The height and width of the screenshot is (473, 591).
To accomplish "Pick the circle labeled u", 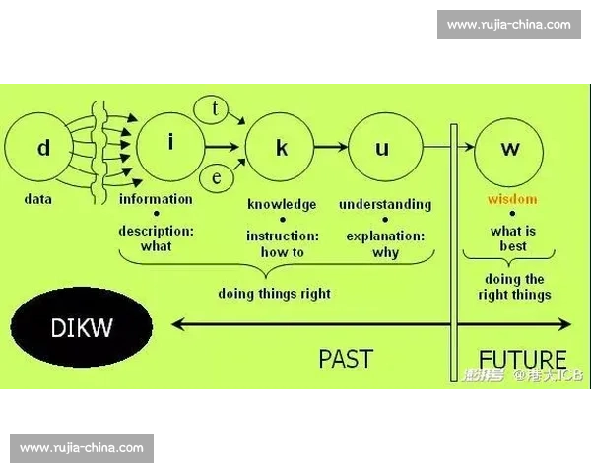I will coord(383,149).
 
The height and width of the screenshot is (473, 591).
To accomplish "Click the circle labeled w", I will coord(509,149).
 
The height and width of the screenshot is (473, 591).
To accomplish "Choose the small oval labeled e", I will coord(216,178).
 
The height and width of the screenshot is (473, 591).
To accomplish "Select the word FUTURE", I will coord(522,359).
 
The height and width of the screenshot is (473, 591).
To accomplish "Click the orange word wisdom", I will coord(512,199).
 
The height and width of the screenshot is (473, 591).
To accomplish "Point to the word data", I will coord(38,199).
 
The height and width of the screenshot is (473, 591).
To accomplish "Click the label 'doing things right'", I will coord(275,293).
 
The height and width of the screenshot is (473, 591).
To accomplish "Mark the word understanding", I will coord(385,205).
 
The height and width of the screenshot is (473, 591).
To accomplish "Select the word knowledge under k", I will coord(282,205).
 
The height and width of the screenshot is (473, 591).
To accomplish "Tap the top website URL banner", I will coord(508,24).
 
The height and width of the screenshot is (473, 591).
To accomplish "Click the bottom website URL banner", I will coord(82,448).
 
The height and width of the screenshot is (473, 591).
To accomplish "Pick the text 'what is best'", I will coord(512,238).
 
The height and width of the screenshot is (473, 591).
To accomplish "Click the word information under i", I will coord(156,199).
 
